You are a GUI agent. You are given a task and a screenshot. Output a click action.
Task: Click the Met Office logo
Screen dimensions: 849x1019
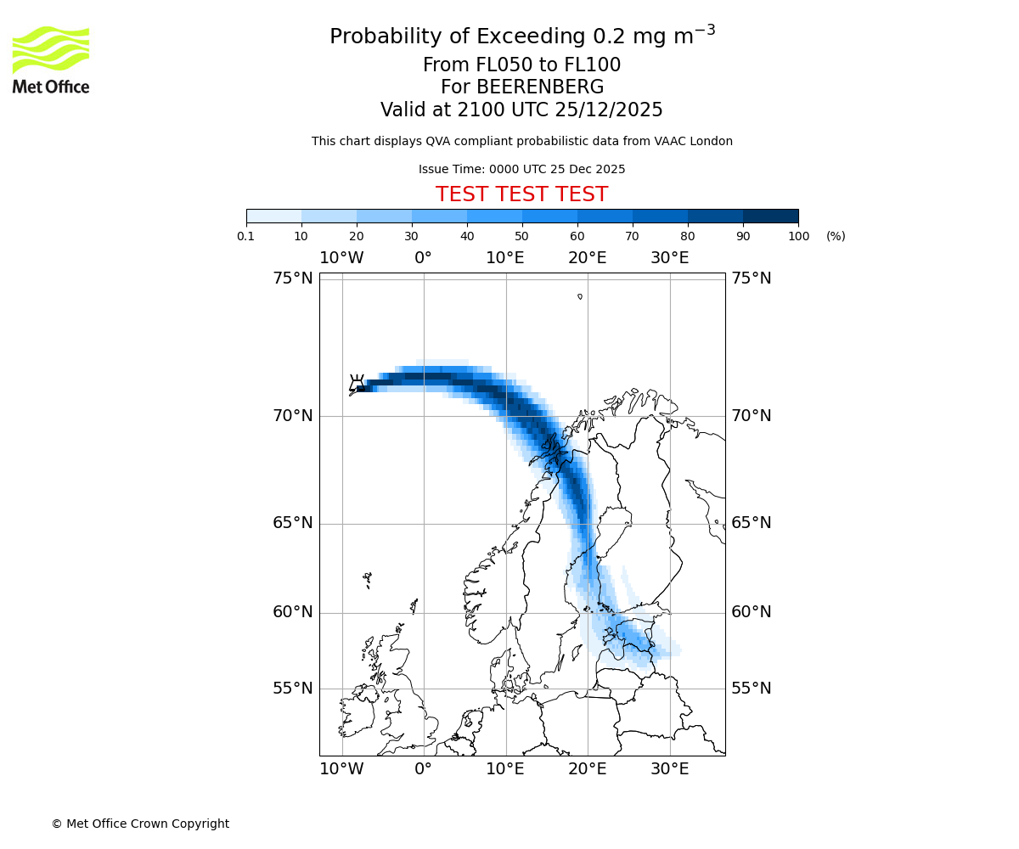click(x=51, y=59)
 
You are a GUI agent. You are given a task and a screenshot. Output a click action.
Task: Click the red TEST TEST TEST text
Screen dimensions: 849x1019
click(x=521, y=194)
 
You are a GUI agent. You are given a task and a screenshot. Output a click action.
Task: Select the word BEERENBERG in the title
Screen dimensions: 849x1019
click(x=539, y=87)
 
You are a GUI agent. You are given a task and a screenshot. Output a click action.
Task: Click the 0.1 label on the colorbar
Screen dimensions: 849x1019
click(x=246, y=236)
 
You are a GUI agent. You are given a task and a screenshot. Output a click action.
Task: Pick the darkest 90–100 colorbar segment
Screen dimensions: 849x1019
click(x=770, y=216)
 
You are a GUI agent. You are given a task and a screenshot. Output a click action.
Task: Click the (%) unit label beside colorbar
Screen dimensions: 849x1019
click(x=836, y=236)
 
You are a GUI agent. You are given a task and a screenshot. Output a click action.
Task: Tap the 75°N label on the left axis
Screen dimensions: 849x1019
click(x=292, y=278)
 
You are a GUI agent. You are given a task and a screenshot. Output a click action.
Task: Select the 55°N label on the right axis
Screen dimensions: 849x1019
click(x=752, y=689)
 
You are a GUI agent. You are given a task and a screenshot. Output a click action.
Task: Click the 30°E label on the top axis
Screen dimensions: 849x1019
click(x=670, y=258)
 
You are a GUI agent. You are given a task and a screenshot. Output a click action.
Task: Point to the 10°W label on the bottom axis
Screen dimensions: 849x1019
click(x=342, y=769)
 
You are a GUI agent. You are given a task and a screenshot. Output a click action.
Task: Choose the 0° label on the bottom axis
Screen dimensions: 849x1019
click(x=424, y=769)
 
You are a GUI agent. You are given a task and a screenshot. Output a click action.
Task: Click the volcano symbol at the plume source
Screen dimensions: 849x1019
click(x=357, y=383)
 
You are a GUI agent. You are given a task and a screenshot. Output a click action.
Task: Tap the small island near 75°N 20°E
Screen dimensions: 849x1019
click(x=580, y=296)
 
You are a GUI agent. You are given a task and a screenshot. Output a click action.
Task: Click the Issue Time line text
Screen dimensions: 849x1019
click(x=521, y=169)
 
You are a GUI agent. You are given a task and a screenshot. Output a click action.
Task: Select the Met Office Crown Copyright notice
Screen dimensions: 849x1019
click(x=140, y=824)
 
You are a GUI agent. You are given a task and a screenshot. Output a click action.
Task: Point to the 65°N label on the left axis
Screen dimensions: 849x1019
click(x=292, y=523)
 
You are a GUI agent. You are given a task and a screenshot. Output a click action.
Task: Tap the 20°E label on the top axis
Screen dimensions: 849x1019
click(x=588, y=258)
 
